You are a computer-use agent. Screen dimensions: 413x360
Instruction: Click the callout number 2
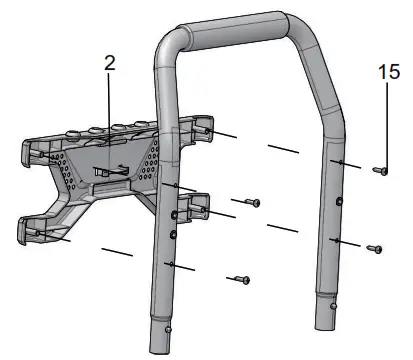tap(110, 63)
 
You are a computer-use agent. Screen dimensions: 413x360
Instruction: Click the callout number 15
tap(389, 72)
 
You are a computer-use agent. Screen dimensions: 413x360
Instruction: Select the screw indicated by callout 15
tap(380, 171)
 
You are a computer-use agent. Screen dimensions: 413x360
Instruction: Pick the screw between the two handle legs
tap(253, 202)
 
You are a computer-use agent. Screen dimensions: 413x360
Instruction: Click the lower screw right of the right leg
tap(374, 249)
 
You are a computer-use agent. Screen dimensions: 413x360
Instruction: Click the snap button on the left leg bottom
tap(168, 330)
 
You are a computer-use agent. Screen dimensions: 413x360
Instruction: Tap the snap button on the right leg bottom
tap(332, 306)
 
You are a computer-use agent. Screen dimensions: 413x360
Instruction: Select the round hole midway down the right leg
tap(339, 201)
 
